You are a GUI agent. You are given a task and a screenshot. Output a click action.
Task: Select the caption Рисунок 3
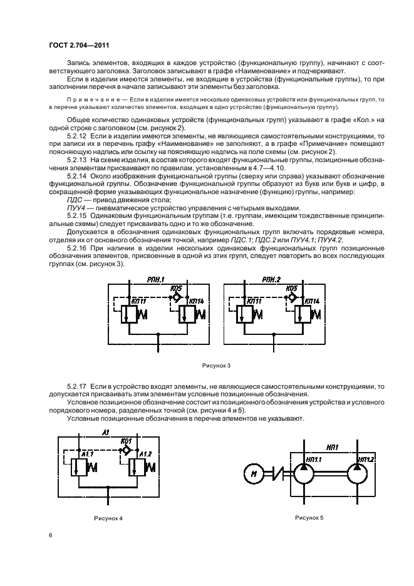click(215, 364)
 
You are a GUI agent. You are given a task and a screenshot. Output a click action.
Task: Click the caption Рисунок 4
click(108, 518)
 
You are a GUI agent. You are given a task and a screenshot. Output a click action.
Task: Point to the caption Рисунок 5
click(308, 517)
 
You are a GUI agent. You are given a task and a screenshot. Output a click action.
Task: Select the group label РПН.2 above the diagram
click(272, 279)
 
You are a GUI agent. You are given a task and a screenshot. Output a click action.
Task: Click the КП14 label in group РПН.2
click(311, 301)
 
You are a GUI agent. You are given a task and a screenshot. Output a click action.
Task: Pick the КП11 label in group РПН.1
click(139, 301)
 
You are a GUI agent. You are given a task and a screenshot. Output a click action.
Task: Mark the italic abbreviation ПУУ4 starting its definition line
click(76, 207)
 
